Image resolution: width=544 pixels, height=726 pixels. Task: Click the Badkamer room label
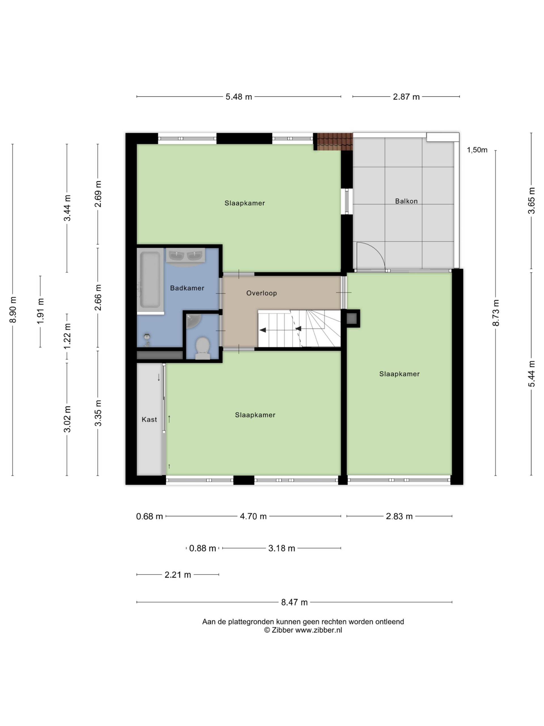187,288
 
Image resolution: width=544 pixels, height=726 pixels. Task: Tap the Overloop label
261,293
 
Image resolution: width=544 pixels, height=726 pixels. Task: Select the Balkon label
406,201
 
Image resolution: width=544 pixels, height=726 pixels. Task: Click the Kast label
149,419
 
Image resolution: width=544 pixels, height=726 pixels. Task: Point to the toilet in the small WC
203,348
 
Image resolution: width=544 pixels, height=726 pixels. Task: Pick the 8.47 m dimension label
294,602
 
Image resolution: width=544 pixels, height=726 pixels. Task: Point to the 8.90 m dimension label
13,309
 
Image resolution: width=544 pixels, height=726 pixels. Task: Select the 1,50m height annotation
477,150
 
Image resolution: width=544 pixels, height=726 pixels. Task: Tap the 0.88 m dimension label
202,548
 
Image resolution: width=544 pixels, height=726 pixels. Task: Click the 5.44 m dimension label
531,373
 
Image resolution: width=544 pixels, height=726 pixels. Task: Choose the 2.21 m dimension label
178,575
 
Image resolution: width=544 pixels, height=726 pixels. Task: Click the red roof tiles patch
333,142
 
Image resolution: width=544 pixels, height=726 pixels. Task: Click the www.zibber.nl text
318,630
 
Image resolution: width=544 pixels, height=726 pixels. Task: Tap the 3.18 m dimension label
281,548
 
